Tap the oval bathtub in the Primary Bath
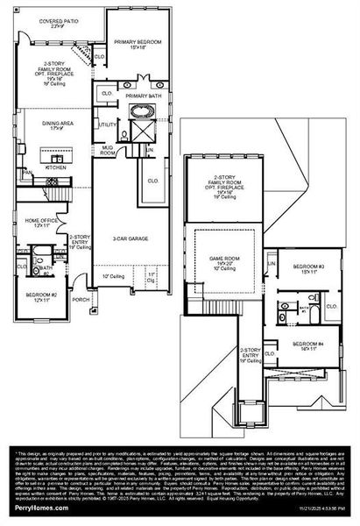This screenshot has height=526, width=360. (142, 112)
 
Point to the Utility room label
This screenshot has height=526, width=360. (109, 125)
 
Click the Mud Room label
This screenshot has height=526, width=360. (107, 151)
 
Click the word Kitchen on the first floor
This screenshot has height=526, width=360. (57, 167)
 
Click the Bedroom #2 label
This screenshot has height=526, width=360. (41, 295)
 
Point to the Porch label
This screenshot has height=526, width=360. (81, 298)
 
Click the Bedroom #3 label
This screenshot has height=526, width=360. (308, 267)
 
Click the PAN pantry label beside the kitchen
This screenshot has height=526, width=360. (28, 174)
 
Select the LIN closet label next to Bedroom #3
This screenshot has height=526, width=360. (272, 263)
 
